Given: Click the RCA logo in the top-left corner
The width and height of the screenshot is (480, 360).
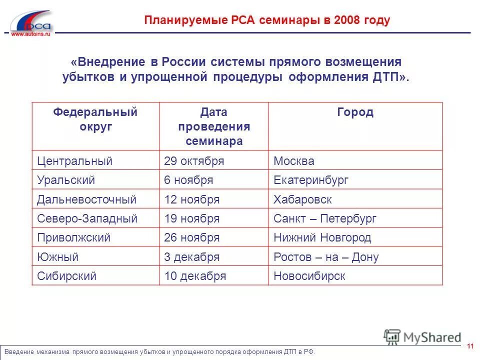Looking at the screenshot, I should [x=31, y=21].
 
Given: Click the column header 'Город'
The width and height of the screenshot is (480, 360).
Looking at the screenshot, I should [x=355, y=112].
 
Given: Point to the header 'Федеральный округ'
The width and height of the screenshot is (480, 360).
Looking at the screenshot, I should [x=95, y=119].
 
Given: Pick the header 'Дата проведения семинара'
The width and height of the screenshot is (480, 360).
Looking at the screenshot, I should [x=214, y=126].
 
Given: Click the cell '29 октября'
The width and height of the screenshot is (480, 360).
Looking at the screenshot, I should [x=194, y=161].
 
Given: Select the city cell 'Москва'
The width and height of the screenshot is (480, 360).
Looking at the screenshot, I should [x=294, y=161].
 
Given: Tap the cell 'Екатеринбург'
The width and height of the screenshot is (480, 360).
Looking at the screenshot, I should [x=311, y=180].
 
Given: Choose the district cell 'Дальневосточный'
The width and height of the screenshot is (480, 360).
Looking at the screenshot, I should [x=86, y=199].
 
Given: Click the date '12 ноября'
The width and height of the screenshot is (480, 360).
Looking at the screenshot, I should [x=192, y=199].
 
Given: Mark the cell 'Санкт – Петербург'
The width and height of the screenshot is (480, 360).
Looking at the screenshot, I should [x=325, y=218].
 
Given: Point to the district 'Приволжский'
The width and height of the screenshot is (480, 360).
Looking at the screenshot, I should [x=73, y=238].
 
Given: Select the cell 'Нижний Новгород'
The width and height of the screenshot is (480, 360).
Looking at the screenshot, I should [x=322, y=238].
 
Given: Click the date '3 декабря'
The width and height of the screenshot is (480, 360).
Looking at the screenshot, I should [x=192, y=257].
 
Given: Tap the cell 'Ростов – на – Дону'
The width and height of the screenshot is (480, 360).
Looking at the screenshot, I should [x=326, y=257].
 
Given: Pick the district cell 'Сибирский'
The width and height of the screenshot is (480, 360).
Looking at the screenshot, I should [x=66, y=276].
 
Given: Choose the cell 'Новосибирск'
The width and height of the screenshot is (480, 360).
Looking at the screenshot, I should [x=309, y=276].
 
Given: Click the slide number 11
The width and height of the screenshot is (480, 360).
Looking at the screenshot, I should [x=470, y=346].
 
